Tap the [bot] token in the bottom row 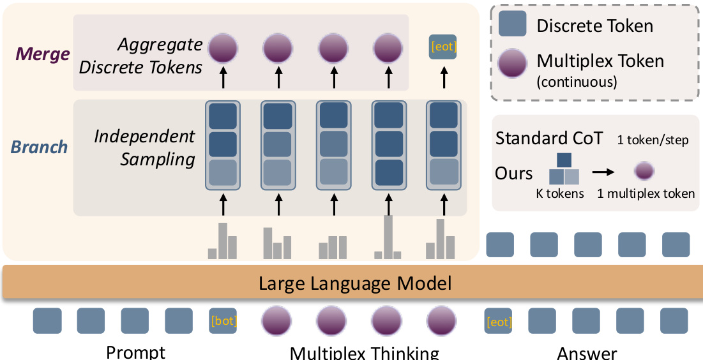(223, 321)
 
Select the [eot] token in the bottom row (499, 322)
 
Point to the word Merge (42, 54)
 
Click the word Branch (39, 147)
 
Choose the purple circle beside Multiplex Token (512, 64)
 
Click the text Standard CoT (548, 138)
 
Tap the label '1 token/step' (653, 140)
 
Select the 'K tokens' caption (559, 193)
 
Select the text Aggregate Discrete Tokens (160, 56)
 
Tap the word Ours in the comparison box (513, 173)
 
